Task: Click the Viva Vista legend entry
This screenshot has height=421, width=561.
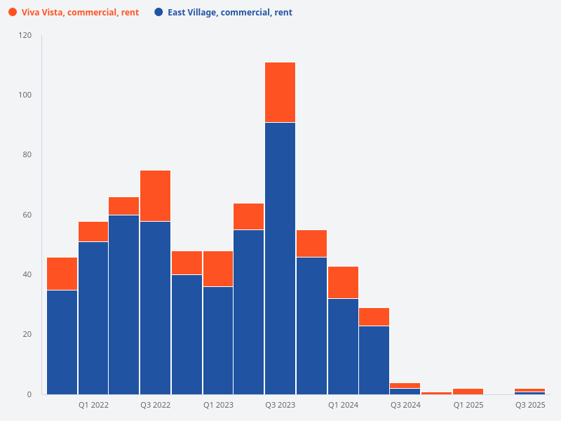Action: pos(80,13)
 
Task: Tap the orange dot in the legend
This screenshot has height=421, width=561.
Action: pos(13,13)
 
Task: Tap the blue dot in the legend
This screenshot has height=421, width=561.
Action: pos(158,13)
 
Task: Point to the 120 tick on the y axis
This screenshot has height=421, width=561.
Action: pos(25,35)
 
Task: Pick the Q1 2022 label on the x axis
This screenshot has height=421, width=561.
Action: pos(93,406)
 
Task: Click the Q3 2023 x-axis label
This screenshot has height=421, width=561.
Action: pos(280,406)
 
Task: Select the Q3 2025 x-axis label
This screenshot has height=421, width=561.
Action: pos(529,406)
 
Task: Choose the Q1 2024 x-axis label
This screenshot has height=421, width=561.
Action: pos(343,406)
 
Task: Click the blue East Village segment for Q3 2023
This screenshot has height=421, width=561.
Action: pos(280,258)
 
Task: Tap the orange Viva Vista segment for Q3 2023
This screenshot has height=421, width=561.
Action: pos(280,93)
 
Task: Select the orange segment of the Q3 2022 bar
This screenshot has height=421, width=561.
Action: pos(155,196)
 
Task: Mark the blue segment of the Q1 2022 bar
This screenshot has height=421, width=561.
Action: pos(93,318)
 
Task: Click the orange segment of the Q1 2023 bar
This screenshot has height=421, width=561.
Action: pos(218,268)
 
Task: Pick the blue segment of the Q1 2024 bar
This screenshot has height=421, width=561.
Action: pos(343,347)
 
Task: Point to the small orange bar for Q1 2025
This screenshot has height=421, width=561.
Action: pos(468,391)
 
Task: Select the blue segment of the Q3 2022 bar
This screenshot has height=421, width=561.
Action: pos(155,307)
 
